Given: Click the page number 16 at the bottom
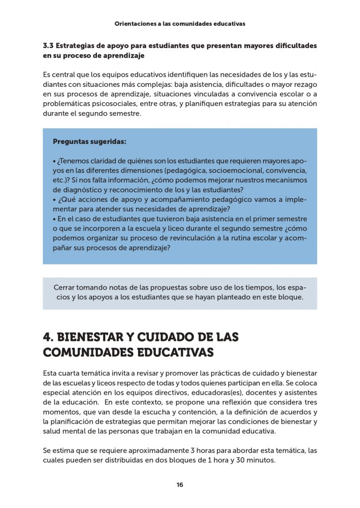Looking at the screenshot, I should pos(180,485).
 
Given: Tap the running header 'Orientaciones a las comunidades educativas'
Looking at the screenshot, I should pos(180,23).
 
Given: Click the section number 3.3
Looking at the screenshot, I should pos(48,46).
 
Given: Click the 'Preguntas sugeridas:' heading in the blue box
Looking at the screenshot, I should pos(89,142).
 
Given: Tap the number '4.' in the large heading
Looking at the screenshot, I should pos(48,337).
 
